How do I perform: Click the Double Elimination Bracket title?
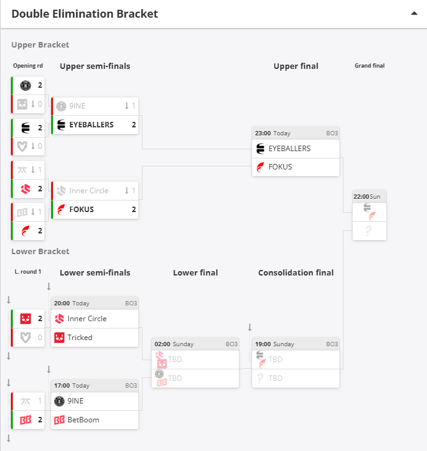click(x=85, y=13)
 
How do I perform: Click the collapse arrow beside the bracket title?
click(x=414, y=13)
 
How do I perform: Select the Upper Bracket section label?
click(x=40, y=44)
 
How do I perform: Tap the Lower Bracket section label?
click(x=40, y=251)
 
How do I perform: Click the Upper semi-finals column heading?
click(x=95, y=66)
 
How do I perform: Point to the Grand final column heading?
click(x=369, y=66)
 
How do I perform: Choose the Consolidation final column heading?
click(x=296, y=272)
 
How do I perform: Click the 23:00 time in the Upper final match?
click(x=263, y=133)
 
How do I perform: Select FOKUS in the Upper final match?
click(x=280, y=166)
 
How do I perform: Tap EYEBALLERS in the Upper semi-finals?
click(x=91, y=124)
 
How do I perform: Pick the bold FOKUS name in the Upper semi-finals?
click(x=82, y=209)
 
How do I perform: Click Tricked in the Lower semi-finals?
click(x=80, y=337)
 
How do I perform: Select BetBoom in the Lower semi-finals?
click(x=83, y=419)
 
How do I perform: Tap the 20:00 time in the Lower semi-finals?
click(x=62, y=303)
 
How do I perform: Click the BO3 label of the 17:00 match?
click(x=131, y=386)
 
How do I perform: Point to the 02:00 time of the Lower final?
click(x=163, y=344)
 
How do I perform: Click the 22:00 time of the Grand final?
click(x=361, y=197)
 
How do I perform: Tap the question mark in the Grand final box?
click(x=368, y=231)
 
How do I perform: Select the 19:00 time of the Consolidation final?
click(x=263, y=344)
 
